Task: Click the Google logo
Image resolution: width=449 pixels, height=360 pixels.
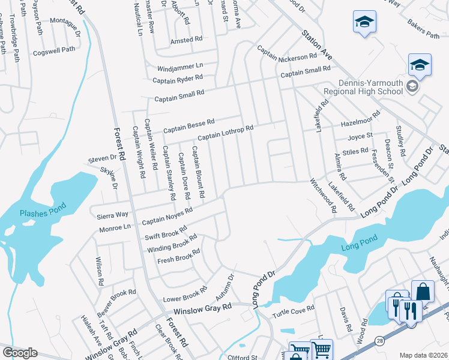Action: pyautogui.click(x=20, y=353)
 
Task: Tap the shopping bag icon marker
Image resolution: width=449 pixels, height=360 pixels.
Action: pyautogui.click(x=423, y=291)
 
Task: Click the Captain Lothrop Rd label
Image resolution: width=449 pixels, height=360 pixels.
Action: pyautogui.click(x=226, y=132)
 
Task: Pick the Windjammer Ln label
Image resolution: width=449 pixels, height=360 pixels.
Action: pyautogui.click(x=180, y=66)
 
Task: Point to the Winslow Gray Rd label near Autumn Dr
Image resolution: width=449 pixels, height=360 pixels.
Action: pyautogui.click(x=202, y=308)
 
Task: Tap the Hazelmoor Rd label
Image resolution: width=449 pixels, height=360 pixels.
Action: pyautogui.click(x=360, y=119)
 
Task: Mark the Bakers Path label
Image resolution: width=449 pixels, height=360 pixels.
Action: pyautogui.click(x=423, y=29)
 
